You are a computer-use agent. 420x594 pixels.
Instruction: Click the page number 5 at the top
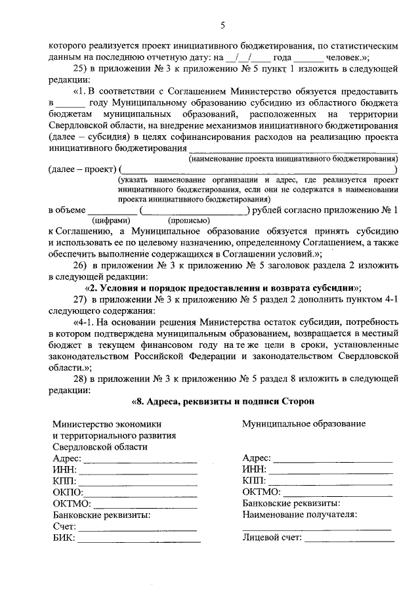[222, 26]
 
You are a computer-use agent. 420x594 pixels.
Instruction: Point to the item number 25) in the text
[80, 68]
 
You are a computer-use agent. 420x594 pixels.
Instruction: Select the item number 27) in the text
[80, 299]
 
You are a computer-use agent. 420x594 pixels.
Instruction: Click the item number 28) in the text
[80, 379]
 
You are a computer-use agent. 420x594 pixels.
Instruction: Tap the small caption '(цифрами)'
[112, 221]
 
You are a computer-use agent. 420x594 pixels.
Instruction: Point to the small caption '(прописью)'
[189, 221]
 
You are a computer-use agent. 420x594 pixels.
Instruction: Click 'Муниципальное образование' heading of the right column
[304, 424]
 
